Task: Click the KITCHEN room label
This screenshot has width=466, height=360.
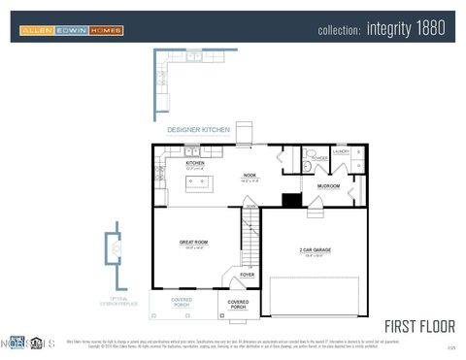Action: click(x=195, y=163)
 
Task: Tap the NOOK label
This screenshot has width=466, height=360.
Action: click(x=250, y=176)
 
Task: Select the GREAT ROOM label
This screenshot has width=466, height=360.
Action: click(x=194, y=243)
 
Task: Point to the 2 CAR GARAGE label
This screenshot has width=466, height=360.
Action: click(x=315, y=249)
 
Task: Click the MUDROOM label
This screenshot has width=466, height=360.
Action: click(x=328, y=184)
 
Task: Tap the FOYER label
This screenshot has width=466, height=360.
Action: click(x=248, y=275)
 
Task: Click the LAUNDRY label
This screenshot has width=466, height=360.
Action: click(x=341, y=151)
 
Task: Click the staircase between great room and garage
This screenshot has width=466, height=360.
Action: click(x=251, y=237)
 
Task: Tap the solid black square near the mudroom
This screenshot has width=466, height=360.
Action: click(x=291, y=200)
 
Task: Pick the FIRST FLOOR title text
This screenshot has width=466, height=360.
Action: click(x=418, y=325)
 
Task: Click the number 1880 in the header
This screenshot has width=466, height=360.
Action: click(x=433, y=29)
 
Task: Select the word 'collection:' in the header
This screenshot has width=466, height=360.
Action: click(x=340, y=30)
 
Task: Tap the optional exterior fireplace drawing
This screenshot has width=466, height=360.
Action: click(x=116, y=249)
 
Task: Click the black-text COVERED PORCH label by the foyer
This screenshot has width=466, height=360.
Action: click(x=238, y=305)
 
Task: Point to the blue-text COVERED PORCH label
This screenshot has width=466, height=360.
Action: click(x=182, y=302)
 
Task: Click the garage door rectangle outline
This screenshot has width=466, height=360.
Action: click(x=314, y=297)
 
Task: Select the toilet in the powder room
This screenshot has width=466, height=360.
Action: click(x=308, y=166)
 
